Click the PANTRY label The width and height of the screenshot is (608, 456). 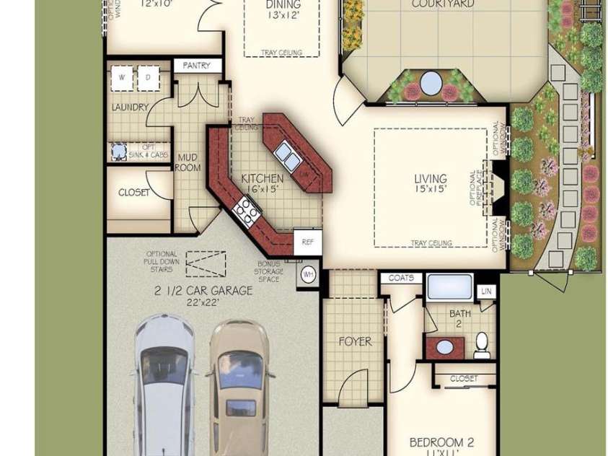[x=196, y=66]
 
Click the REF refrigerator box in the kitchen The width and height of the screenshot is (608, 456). [x=308, y=242]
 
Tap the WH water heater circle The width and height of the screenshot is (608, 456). [x=308, y=274]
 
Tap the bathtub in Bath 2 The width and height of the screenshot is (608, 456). [x=449, y=288]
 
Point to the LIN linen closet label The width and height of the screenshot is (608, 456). [x=487, y=291]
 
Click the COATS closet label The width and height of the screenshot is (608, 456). [x=401, y=278]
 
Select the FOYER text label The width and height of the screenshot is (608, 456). [x=355, y=341]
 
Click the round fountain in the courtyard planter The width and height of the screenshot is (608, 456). [x=431, y=82]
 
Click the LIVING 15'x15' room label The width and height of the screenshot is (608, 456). [x=430, y=183]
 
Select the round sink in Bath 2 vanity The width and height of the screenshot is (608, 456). [x=446, y=347]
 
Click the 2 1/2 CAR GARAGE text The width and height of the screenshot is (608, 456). [x=203, y=291]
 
